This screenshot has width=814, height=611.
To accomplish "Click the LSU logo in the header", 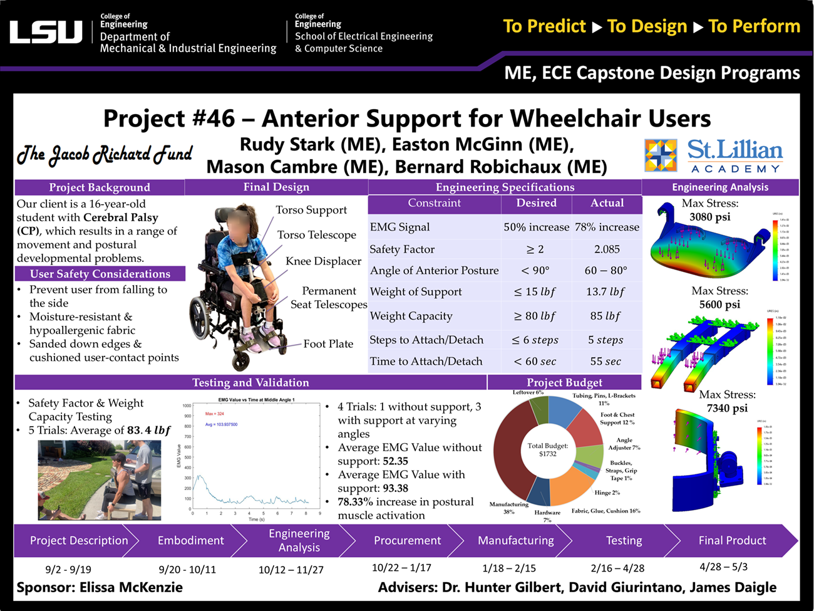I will tap(46, 33).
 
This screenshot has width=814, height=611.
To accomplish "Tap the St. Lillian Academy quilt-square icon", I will tap(661, 155).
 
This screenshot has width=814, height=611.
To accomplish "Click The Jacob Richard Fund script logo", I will tap(104, 154).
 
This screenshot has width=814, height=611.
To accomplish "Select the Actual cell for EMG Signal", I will tap(607, 227).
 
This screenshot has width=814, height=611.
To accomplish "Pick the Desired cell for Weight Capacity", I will tap(535, 316).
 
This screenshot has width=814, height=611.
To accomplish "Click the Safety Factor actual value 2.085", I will tap(607, 249).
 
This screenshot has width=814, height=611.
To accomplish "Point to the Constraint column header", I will tap(434, 203).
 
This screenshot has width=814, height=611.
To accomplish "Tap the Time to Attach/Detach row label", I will tap(426, 362).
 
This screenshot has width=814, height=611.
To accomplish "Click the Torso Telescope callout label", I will tap(316, 235).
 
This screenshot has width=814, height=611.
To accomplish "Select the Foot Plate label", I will tap(328, 344).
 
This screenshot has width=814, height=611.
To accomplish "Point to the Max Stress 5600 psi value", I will tap(719, 305).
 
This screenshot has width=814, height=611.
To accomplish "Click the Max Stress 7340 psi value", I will tap(727, 408).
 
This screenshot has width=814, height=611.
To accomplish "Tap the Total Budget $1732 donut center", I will tap(547, 450).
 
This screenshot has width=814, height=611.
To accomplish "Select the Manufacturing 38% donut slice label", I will tap(508, 508).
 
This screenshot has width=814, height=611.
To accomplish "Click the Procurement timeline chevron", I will tap(407, 541).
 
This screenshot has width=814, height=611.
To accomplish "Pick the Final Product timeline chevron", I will tap(731, 541).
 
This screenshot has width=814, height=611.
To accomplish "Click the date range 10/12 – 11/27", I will tap(291, 570).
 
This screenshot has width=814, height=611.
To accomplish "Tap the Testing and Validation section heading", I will tap(250, 382).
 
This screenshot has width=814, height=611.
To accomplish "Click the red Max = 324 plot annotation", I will tap(215, 414).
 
